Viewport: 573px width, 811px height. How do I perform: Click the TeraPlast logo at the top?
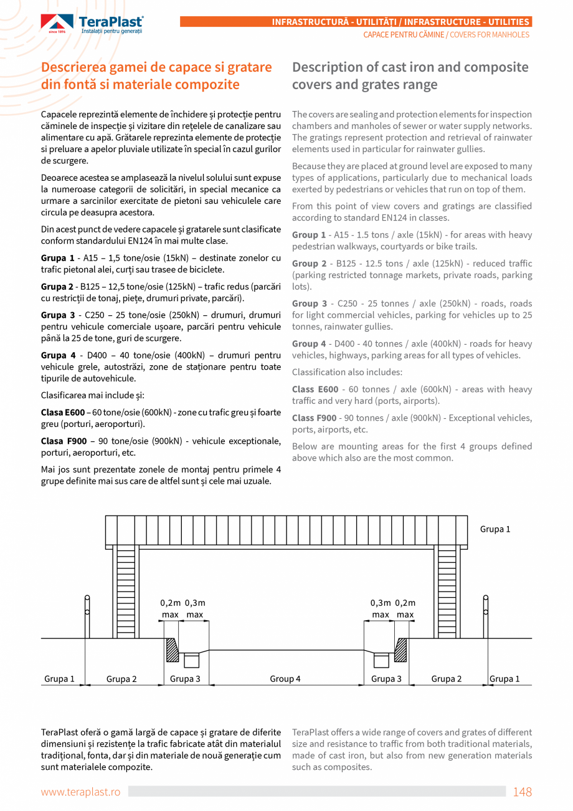pyautogui.click(x=92, y=24)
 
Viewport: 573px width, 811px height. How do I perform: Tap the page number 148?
pyautogui.click(x=522, y=792)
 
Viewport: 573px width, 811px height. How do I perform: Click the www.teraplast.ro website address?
pyautogui.click(x=80, y=792)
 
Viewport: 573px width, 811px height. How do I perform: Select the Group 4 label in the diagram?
pyautogui.click(x=285, y=679)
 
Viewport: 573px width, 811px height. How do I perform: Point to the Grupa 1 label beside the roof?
pyautogui.click(x=495, y=529)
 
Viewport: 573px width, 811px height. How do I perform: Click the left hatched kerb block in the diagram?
pyautogui.click(x=171, y=650)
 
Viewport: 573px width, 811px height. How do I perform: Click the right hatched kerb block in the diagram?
pyautogui.click(x=400, y=650)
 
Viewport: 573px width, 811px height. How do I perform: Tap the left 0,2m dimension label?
pyautogui.click(x=170, y=603)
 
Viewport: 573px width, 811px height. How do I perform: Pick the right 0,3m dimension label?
pyautogui.click(x=381, y=603)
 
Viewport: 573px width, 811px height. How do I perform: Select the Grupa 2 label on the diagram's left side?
pyautogui.click(x=121, y=679)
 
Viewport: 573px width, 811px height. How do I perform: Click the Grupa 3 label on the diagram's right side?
pyautogui.click(x=386, y=679)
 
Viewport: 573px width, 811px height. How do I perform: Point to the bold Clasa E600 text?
pyautogui.click(x=62, y=413)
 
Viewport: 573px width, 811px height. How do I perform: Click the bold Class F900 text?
pyautogui.click(x=314, y=418)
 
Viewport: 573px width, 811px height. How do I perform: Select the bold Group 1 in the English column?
pyautogui.click(x=309, y=235)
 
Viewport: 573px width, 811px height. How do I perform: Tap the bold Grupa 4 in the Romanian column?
pyautogui.click(x=58, y=355)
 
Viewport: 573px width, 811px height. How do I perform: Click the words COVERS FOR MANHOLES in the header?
pyautogui.click(x=489, y=35)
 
